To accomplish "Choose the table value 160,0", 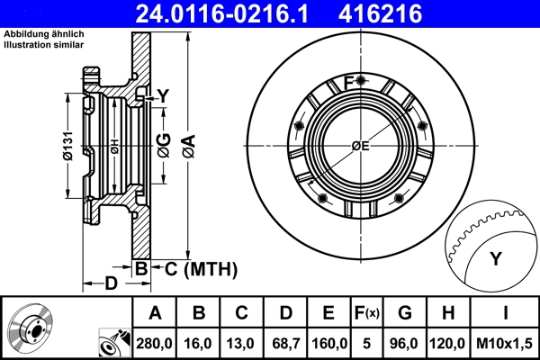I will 328,343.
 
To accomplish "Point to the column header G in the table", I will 405,314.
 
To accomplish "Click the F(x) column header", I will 367,314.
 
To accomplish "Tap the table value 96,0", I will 405,343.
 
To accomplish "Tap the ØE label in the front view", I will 360,146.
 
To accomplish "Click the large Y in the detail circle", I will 494,259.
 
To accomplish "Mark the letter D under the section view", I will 111,283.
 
